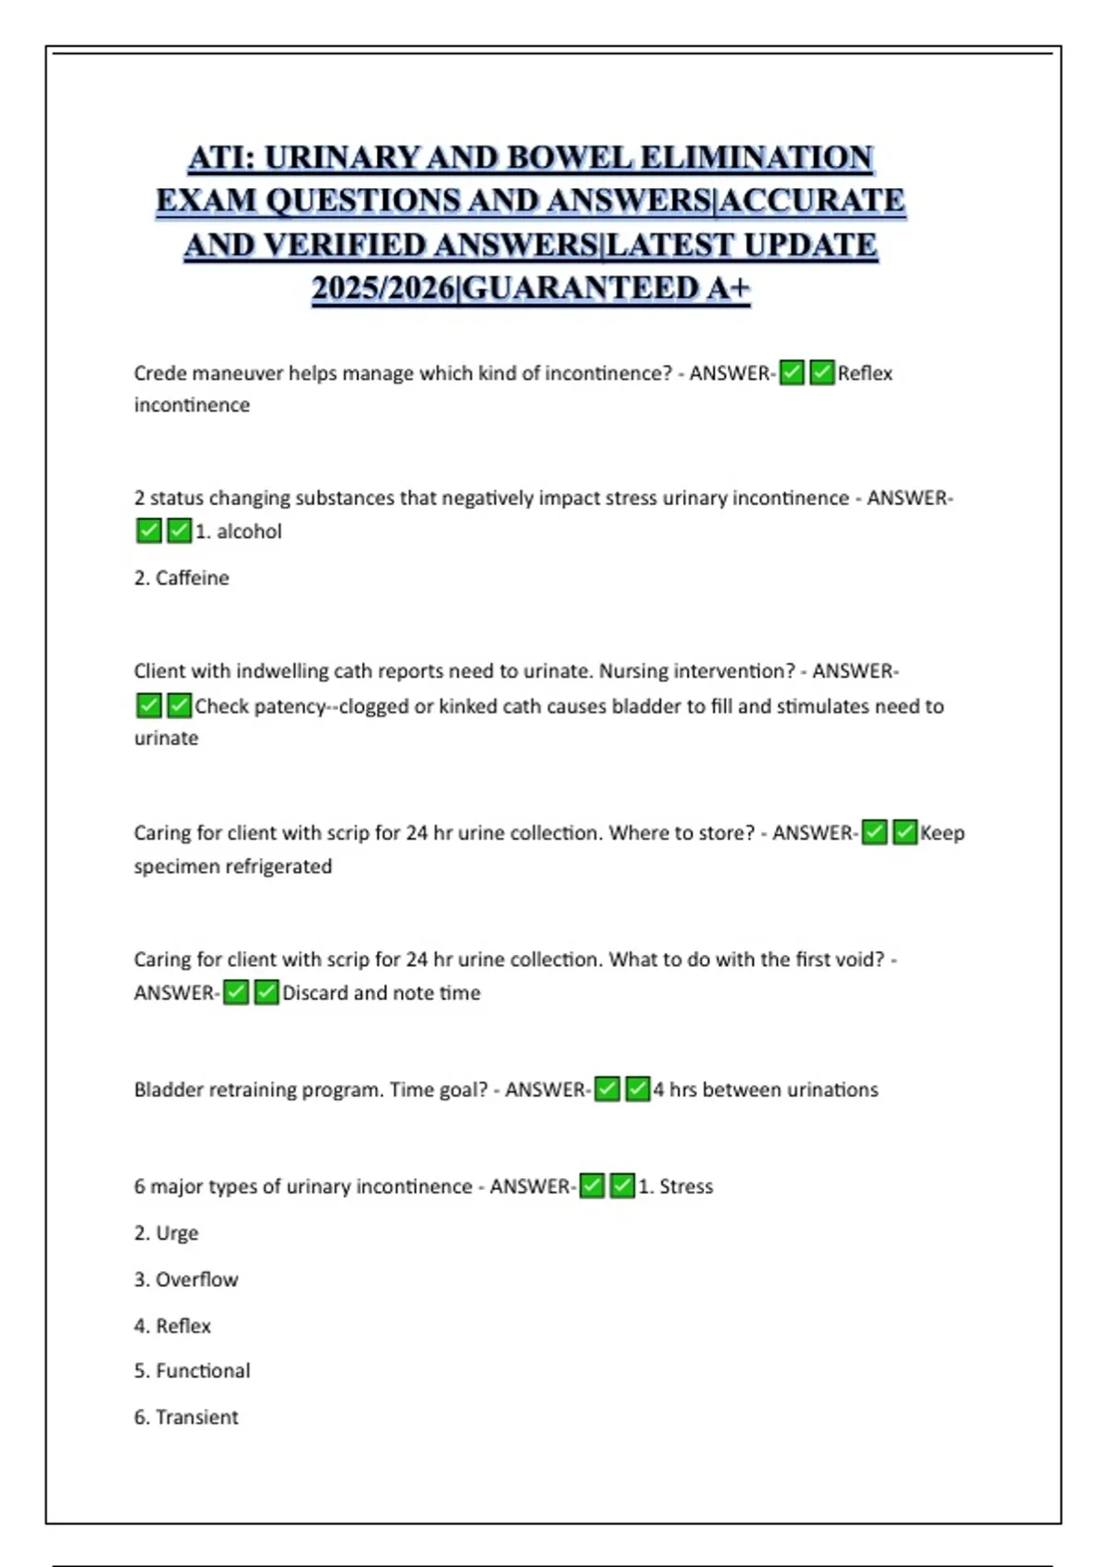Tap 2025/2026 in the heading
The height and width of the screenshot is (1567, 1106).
pyautogui.click(x=383, y=289)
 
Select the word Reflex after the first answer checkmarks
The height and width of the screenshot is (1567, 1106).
pyautogui.click(x=865, y=373)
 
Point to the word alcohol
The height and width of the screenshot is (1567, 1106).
pyautogui.click(x=249, y=532)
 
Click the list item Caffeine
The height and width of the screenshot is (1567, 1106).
pyautogui.click(x=192, y=578)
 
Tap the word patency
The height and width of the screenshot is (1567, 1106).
pyautogui.click(x=288, y=706)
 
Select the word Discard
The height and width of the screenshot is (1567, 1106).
pyautogui.click(x=315, y=993)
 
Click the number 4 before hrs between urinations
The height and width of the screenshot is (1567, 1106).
pyautogui.click(x=659, y=1090)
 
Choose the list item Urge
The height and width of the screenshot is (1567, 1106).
pyautogui.click(x=177, y=1233)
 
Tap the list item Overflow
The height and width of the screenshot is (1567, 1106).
pyautogui.click(x=196, y=1279)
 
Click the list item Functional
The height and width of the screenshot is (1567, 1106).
pyautogui.click(x=203, y=1371)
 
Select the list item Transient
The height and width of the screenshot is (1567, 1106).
pyautogui.click(x=196, y=1417)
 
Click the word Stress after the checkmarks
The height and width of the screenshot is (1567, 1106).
pyautogui.click(x=686, y=1186)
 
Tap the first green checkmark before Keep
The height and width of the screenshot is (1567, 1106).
pyautogui.click(x=875, y=832)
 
